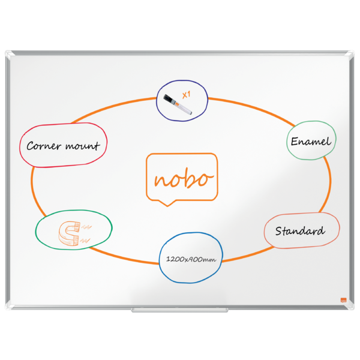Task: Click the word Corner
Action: (44, 146)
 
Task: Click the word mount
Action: (83, 146)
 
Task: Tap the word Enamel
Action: (311, 141)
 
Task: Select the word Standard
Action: (301, 231)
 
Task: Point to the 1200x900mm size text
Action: (191, 259)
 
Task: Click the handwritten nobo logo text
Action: (184, 178)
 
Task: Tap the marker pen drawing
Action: (178, 104)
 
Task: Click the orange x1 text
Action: (186, 95)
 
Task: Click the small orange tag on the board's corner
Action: (343, 300)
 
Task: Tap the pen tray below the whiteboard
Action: (180, 310)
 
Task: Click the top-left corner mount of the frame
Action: (10, 55)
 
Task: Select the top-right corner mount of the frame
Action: (350, 55)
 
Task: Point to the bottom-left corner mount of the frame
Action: (10, 305)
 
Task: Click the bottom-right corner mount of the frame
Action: (350, 305)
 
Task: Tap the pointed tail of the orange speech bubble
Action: (167, 206)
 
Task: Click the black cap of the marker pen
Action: (169, 99)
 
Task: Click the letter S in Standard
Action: (279, 231)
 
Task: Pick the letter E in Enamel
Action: (295, 141)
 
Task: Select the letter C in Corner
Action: (31, 146)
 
